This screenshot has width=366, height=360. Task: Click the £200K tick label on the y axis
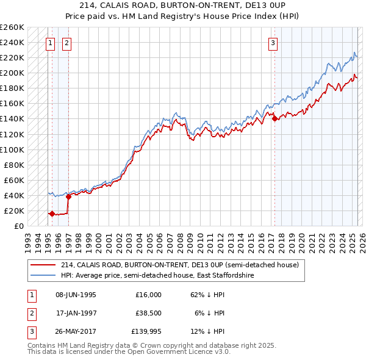(12, 73)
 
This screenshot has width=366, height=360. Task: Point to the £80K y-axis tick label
(14, 165)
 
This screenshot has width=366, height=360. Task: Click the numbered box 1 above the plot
(49, 43)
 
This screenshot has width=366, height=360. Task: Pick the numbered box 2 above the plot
(66, 43)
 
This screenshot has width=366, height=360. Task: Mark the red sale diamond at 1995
(52, 214)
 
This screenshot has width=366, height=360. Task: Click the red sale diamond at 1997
(68, 196)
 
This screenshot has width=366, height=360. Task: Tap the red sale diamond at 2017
(274, 118)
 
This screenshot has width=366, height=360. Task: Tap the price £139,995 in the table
(146, 331)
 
